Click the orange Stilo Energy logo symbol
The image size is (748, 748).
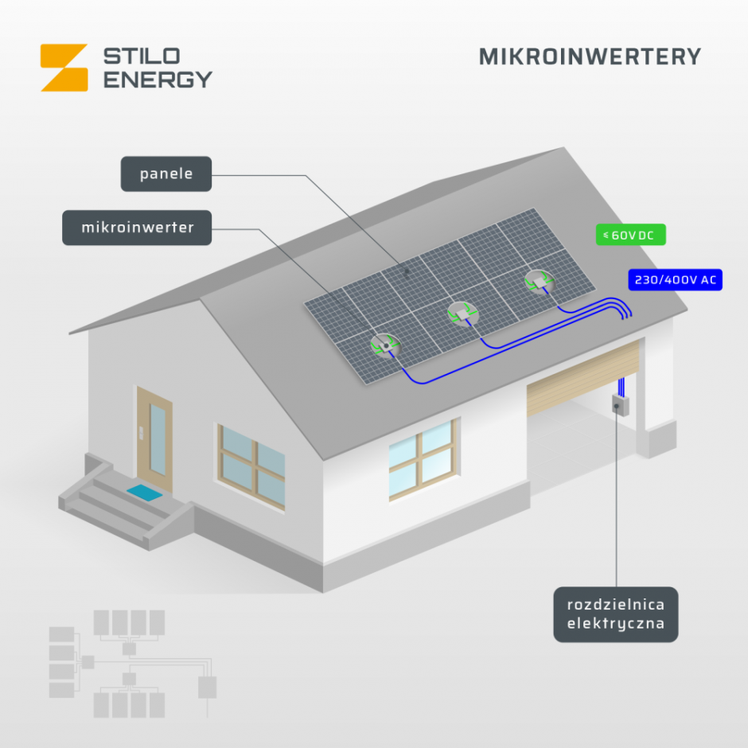click(64, 68)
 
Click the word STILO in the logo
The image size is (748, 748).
click(142, 56)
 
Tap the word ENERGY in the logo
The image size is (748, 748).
click(158, 80)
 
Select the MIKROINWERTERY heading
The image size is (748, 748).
click(590, 56)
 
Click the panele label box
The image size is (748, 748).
click(166, 174)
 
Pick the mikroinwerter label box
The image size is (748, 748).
click(137, 228)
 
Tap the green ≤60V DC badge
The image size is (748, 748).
click(631, 235)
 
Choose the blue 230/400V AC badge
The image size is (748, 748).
click(675, 279)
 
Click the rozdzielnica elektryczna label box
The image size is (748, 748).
click(615, 614)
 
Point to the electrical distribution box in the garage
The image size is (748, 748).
click(620, 405)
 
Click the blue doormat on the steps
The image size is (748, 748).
click(145, 493)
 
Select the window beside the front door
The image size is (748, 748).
click(251, 466)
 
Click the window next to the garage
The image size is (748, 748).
click(423, 459)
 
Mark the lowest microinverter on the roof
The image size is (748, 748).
click(385, 345)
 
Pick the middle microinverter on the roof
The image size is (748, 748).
click(462, 314)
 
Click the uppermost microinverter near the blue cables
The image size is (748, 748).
click(539, 282)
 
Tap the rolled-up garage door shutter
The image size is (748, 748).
click(583, 378)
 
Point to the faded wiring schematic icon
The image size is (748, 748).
click(133, 664)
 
